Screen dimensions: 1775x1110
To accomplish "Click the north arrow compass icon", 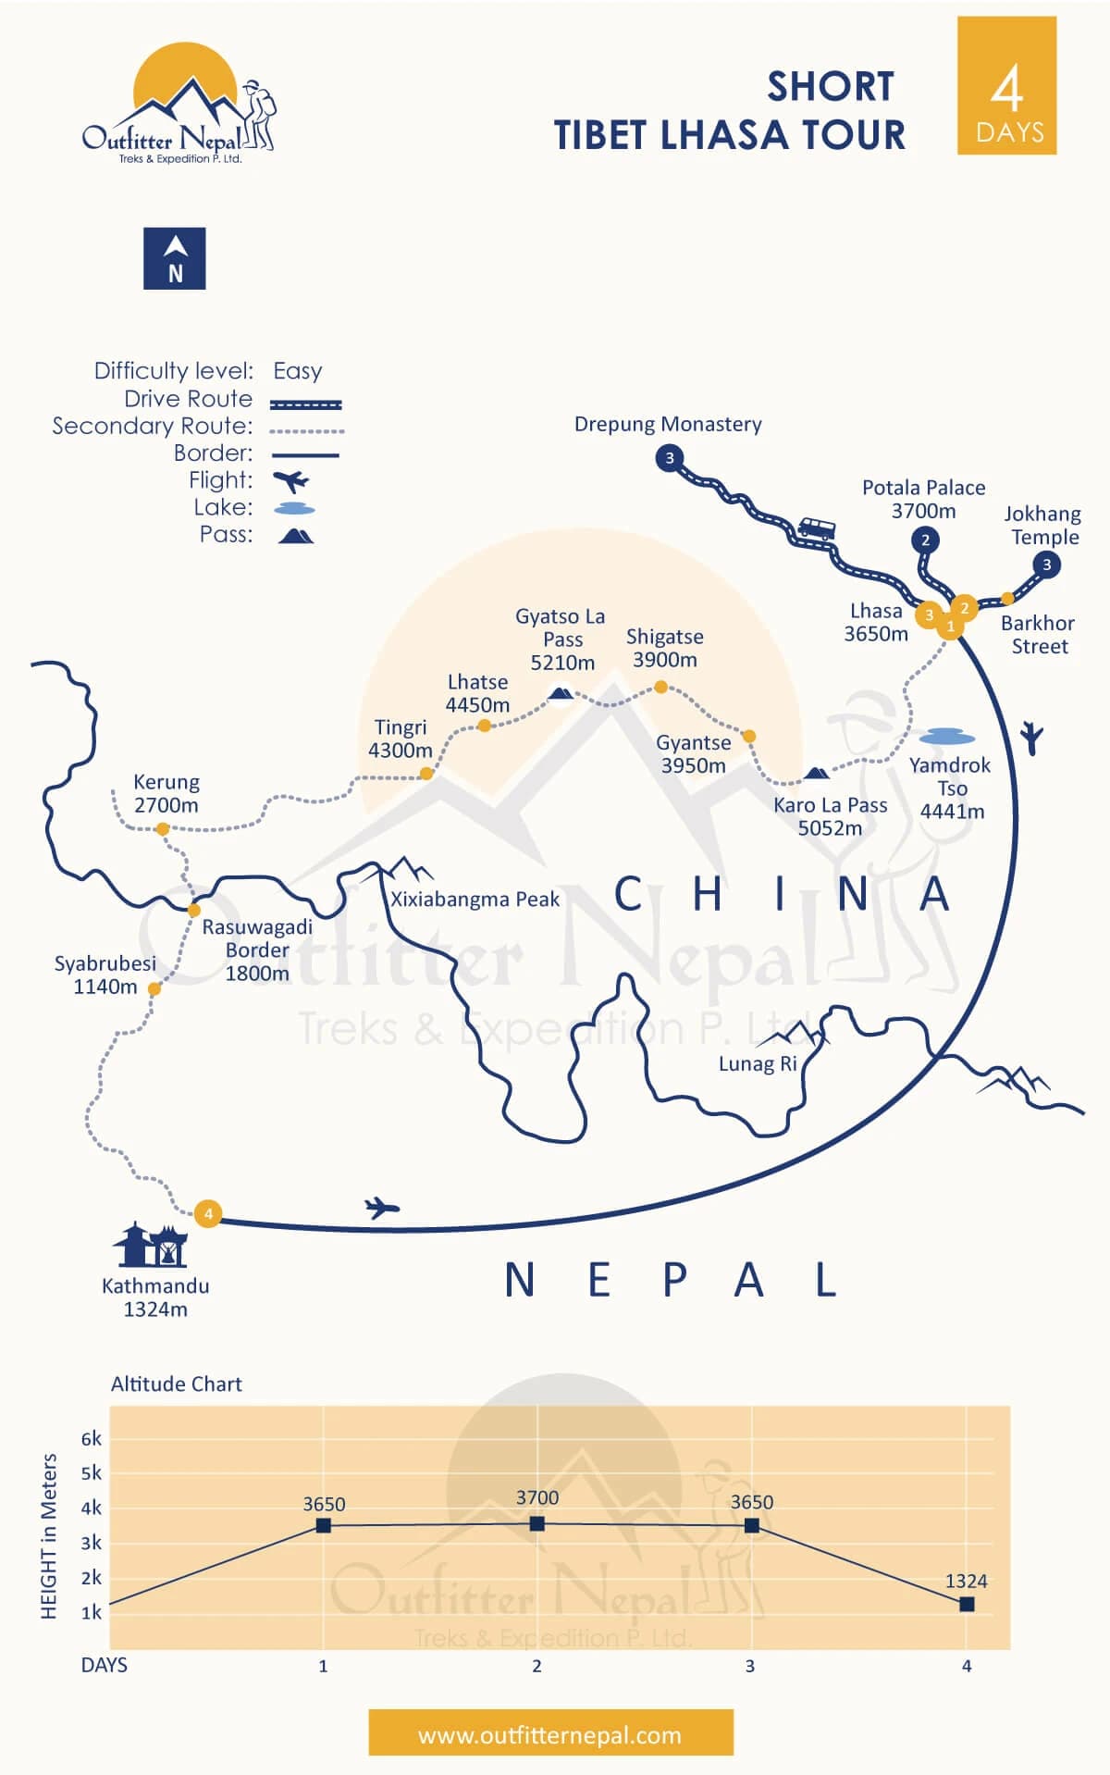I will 174,258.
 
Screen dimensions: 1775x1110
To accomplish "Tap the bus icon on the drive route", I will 816,528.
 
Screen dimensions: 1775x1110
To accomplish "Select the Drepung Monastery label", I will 668,424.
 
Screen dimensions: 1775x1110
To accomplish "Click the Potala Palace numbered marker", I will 925,540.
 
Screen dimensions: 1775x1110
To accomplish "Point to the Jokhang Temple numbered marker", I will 1046,565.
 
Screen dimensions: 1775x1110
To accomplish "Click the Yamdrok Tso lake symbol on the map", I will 947,737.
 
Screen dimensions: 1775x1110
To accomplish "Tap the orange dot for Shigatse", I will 660,687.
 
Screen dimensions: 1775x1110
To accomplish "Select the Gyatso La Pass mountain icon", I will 560,693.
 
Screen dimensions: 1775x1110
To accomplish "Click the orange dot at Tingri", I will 426,773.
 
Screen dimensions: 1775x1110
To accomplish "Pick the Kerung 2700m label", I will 166,793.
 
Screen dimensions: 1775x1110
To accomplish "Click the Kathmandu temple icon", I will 151,1245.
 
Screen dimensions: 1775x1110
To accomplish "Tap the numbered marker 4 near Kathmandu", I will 208,1213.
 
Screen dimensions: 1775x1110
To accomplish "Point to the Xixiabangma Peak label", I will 475,899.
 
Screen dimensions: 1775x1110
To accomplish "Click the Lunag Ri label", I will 758,1063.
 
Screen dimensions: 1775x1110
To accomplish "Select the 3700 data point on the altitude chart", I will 537,1522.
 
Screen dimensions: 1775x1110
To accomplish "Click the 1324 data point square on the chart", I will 967,1604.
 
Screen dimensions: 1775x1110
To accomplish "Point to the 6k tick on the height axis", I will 91,1439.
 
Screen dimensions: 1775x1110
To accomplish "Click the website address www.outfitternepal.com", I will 550,1734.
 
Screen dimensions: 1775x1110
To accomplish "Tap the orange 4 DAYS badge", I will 1006,85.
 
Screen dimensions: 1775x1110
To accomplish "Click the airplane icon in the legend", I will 292,481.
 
